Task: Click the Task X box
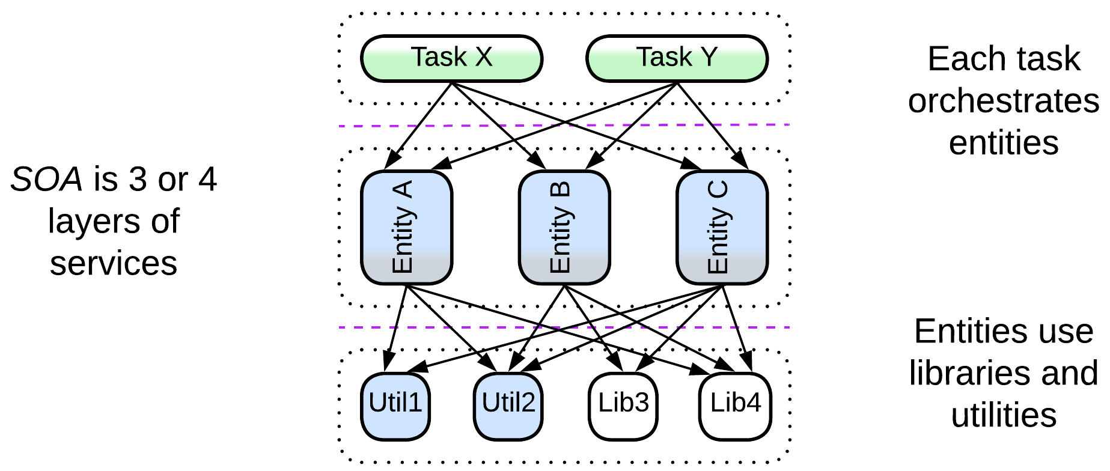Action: pos(451,58)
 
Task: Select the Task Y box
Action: pos(677,58)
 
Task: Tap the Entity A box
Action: pos(406,227)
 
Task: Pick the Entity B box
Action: pos(564,227)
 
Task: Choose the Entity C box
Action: pos(722,227)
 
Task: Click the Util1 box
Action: pos(395,406)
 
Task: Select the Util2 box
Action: pos(508,406)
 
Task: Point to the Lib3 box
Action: pos(623,406)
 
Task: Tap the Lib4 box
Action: pos(735,406)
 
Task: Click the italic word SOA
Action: pos(46,180)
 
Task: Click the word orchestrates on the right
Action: pos(1003,101)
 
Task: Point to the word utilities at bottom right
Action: pos(1003,415)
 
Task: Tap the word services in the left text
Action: pos(113,264)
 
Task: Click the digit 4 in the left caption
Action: pos(207,180)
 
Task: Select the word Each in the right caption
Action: pos(956,59)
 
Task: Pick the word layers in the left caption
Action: pos(94,222)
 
